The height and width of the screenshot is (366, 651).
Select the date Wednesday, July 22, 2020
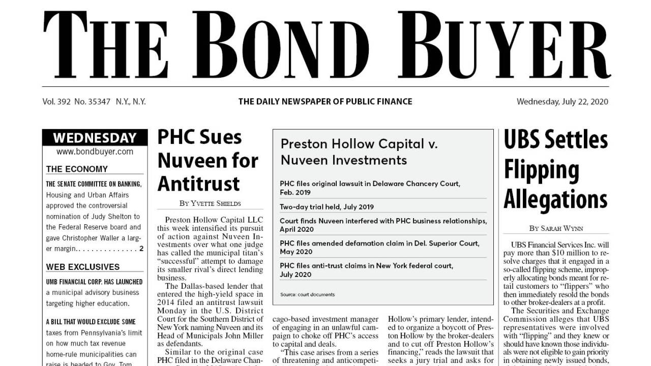pyautogui.click(x=562, y=102)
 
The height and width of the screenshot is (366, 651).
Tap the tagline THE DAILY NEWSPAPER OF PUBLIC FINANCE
pyautogui.click(x=325, y=102)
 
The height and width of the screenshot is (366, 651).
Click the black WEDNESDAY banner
pyautogui.click(x=95, y=138)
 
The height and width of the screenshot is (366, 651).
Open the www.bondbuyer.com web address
pyautogui.click(x=95, y=151)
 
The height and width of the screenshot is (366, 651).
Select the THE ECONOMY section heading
pyautogui.click(x=77, y=169)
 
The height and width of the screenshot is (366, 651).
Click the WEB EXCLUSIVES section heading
pyautogui.click(x=83, y=267)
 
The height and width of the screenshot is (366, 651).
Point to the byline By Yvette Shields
pyautogui.click(x=210, y=203)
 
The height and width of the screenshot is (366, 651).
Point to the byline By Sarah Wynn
pyautogui.click(x=555, y=228)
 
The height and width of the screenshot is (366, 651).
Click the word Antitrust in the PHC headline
pyautogui.click(x=198, y=184)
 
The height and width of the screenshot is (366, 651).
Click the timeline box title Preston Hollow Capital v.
pyautogui.click(x=359, y=144)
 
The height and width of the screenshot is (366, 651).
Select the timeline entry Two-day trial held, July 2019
pyautogui.click(x=327, y=207)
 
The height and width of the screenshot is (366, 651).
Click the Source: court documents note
pyautogui.click(x=307, y=294)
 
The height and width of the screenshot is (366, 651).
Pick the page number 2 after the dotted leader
pyautogui.click(x=141, y=249)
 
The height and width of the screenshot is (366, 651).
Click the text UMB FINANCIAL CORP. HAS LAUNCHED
pyautogui.click(x=94, y=282)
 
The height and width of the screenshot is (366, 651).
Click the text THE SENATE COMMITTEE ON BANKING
pyautogui.click(x=94, y=184)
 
